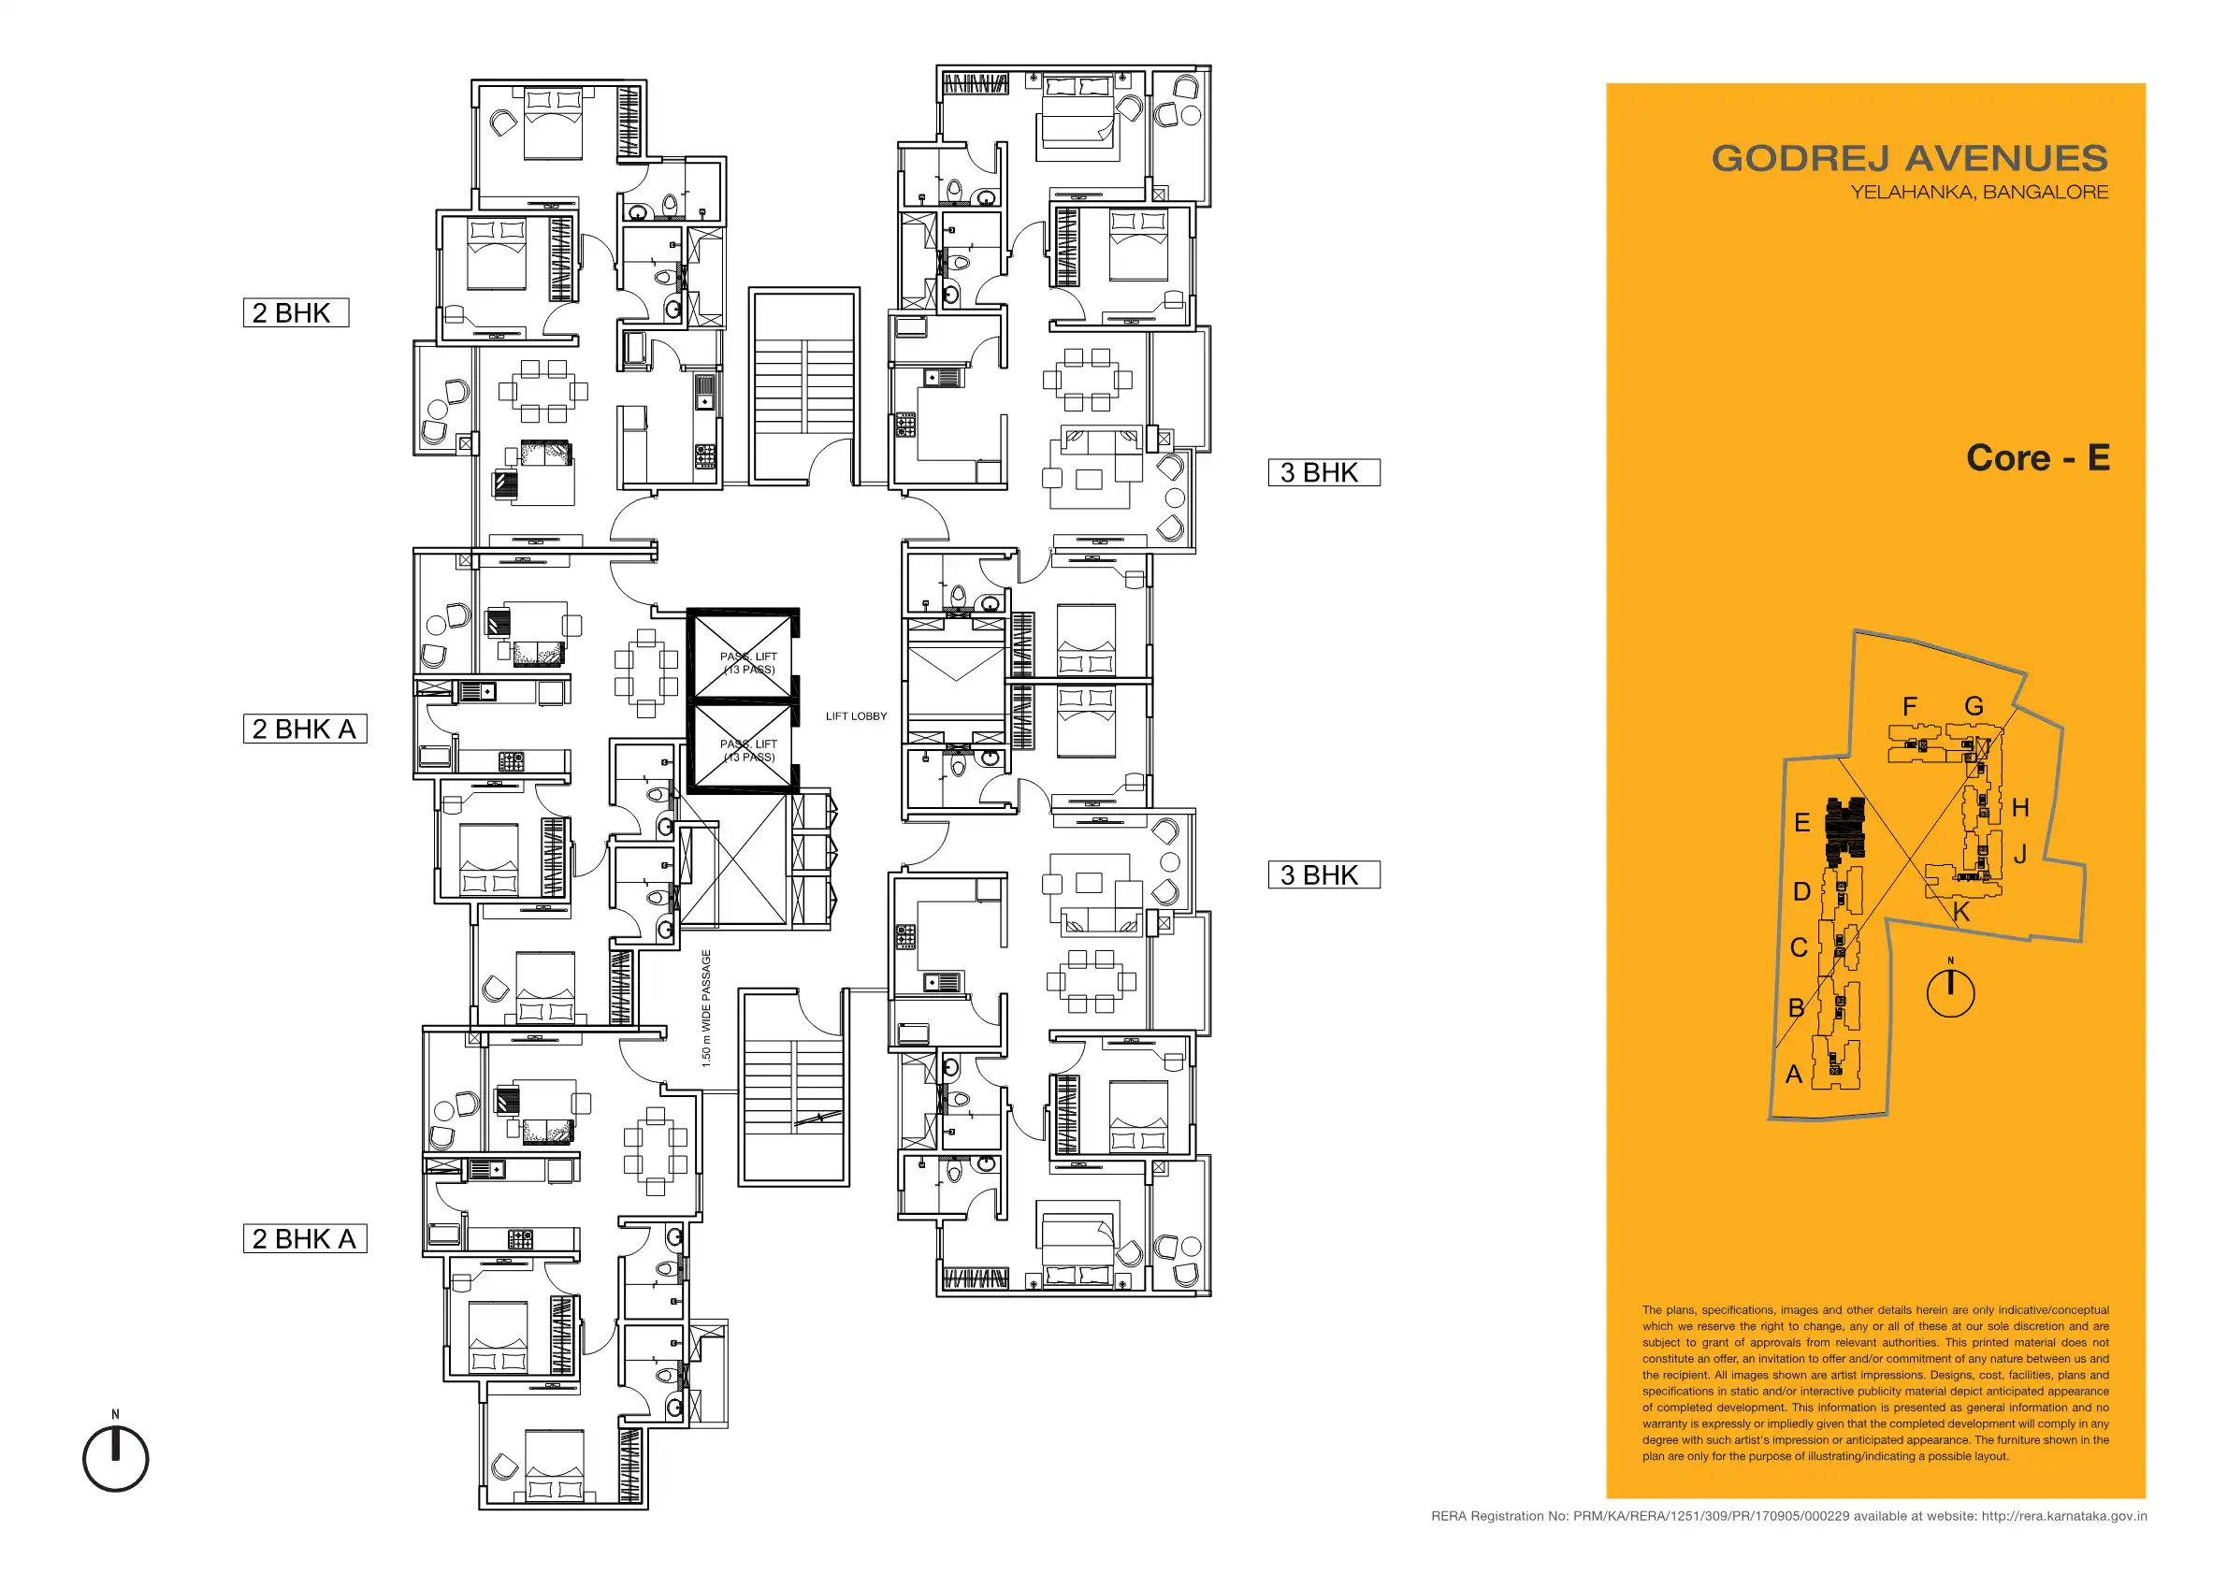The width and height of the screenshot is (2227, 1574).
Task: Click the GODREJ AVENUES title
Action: [1909, 158]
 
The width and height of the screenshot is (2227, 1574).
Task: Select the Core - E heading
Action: [2038, 457]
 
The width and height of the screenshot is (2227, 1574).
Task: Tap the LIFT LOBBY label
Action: [856, 716]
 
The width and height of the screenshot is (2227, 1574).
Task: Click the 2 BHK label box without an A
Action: [296, 313]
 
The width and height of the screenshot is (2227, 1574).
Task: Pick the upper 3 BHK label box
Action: [1324, 472]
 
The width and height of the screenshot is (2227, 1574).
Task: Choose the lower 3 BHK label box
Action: [1324, 874]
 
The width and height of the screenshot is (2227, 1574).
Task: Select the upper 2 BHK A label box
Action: [305, 729]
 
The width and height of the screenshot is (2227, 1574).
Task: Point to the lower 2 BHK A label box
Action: [305, 1239]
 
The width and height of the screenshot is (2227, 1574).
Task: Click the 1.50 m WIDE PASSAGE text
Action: [706, 1008]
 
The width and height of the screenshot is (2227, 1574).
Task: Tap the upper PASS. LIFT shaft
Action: [742, 655]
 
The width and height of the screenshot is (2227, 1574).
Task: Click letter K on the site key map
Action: [1961, 913]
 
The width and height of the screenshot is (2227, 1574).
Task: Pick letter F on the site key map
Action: [1910, 707]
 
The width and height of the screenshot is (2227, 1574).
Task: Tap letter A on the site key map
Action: [1794, 1075]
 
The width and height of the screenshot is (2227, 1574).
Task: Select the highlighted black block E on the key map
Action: [1844, 832]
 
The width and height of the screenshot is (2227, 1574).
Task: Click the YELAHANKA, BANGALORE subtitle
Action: [1979, 192]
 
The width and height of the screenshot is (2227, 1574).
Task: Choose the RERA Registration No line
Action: [1788, 1516]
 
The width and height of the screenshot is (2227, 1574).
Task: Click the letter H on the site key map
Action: [2020, 808]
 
